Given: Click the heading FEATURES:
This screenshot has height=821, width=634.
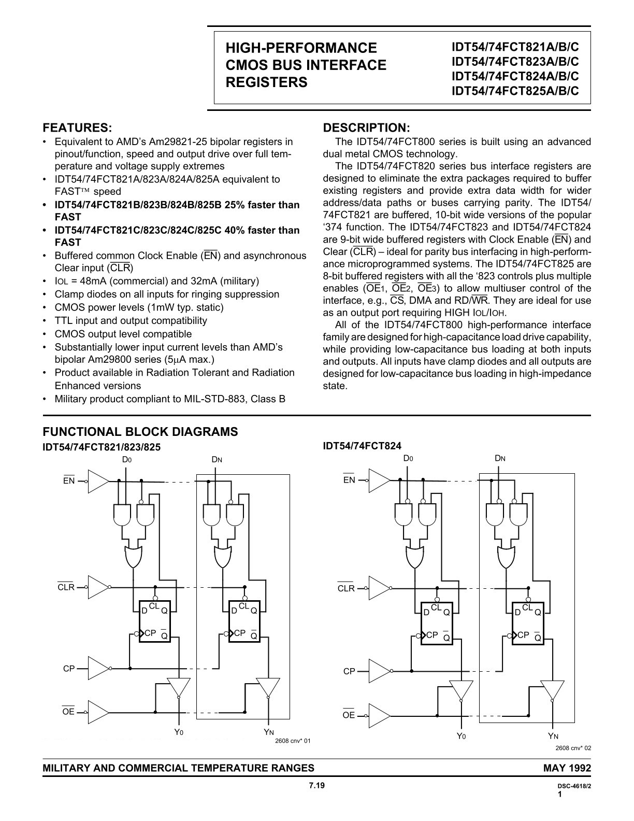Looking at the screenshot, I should click(x=77, y=128).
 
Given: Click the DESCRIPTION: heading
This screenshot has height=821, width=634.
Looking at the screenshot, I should click(x=366, y=128).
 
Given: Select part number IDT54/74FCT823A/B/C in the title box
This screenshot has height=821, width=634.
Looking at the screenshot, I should click(x=515, y=61).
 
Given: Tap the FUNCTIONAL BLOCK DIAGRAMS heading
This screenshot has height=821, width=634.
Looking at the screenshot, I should click(x=140, y=432).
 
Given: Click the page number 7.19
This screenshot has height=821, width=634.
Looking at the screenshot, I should click(x=316, y=786).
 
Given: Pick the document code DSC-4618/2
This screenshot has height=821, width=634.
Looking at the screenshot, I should click(x=572, y=786).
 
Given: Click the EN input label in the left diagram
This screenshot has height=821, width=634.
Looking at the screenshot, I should click(x=69, y=481).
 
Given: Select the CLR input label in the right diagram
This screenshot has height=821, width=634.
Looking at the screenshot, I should click(x=346, y=589).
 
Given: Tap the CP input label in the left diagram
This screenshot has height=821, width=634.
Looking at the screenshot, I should click(x=69, y=669).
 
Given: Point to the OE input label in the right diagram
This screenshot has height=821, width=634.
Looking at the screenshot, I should click(x=349, y=715).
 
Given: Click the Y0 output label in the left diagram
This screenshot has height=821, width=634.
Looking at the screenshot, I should click(x=179, y=733).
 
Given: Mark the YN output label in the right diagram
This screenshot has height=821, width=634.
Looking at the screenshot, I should click(x=553, y=736).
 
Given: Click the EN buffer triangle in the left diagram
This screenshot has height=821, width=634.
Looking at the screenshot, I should click(x=98, y=481).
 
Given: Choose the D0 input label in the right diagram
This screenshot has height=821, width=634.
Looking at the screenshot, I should click(x=408, y=459).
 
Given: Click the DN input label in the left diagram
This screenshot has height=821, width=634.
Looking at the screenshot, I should click(x=217, y=460).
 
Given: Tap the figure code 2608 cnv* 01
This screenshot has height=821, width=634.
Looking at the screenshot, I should click(x=293, y=741).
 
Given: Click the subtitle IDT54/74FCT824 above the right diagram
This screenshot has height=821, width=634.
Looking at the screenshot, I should click(x=362, y=446).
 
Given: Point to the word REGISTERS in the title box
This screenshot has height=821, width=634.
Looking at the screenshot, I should click(x=266, y=82).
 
